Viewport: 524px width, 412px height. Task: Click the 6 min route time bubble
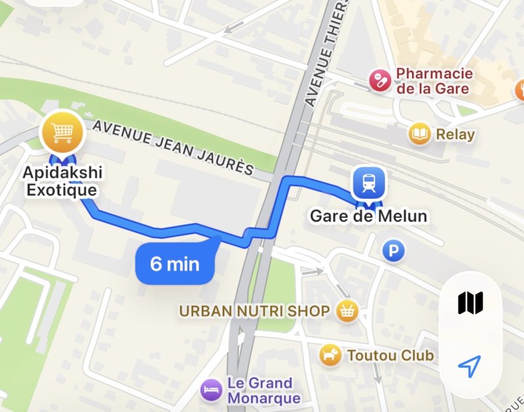(175, 264)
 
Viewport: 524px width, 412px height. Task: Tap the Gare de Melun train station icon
(367, 182)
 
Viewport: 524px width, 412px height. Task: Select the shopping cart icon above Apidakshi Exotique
(62, 133)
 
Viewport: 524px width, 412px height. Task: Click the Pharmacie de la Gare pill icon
(379, 81)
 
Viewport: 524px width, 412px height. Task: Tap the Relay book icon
(419, 135)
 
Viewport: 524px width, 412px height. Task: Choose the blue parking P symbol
(394, 250)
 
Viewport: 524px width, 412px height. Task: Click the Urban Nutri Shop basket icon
(346, 311)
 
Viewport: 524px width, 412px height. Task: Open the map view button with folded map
(470, 303)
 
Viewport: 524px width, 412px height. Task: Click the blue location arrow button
(470, 366)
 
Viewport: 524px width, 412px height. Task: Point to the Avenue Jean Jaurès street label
(173, 148)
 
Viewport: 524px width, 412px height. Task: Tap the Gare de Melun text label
(368, 216)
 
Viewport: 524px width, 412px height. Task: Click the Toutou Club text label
(390, 356)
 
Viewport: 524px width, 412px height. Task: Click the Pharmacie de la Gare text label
(433, 81)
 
